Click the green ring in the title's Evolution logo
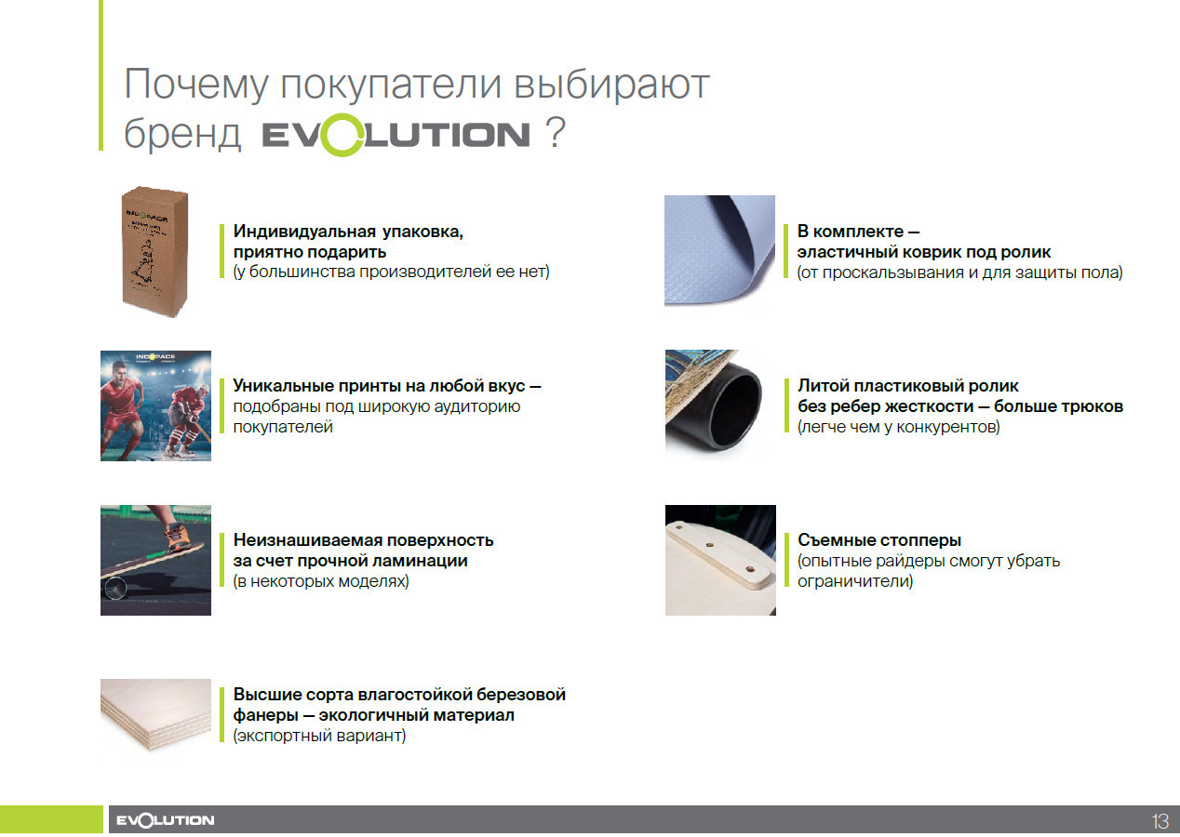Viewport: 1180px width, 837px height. coord(322,135)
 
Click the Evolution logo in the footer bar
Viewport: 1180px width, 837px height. coord(165,820)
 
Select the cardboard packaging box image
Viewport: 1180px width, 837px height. coord(154,252)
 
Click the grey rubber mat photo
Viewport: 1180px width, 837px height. coord(719,250)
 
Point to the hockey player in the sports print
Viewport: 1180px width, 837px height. coord(190,419)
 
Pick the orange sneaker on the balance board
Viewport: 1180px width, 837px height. coord(178,537)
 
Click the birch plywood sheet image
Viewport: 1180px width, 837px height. coord(156,714)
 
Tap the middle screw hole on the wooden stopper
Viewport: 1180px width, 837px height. coord(709,545)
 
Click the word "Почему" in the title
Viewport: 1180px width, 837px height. coord(196,85)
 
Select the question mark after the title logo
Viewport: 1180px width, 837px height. coord(556,133)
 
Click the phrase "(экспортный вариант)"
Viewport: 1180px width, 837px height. coord(320,736)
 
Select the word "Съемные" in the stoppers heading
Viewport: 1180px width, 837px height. coord(836,540)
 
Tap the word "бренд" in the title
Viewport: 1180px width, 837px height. coord(182,133)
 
